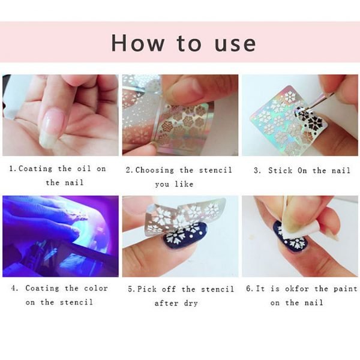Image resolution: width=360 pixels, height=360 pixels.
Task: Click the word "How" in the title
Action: [138, 43]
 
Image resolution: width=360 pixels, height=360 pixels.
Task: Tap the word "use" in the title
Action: [235, 44]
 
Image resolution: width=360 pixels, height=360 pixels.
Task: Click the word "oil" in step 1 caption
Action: [84, 169]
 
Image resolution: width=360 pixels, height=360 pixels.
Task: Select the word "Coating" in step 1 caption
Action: [35, 169]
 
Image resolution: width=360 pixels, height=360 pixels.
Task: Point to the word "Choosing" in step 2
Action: [155, 170]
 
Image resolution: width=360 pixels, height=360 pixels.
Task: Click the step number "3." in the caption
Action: [257, 170]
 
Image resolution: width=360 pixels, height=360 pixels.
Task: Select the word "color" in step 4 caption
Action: [95, 289]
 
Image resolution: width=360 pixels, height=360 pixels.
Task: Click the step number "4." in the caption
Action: [14, 289]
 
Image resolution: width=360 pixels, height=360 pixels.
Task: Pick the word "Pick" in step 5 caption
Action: [147, 289]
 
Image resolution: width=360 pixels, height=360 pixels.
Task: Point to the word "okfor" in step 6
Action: [297, 289]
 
